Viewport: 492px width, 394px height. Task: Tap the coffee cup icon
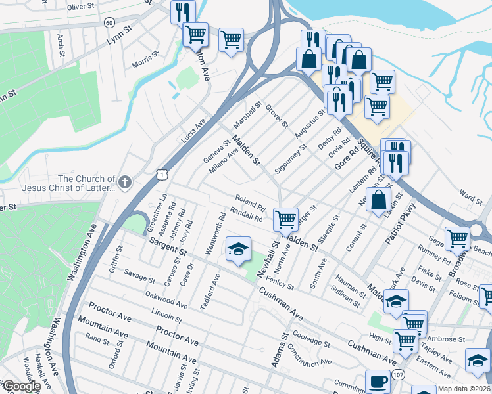pos(378,382)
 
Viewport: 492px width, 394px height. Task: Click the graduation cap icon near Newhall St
pos(237,249)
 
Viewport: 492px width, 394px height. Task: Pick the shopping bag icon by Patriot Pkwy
pos(379,200)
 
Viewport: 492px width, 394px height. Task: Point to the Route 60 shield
pos(109,22)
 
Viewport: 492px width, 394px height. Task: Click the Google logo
pos(21,386)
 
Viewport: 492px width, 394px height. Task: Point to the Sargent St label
pos(169,248)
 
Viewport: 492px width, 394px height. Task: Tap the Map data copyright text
pos(464,389)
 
